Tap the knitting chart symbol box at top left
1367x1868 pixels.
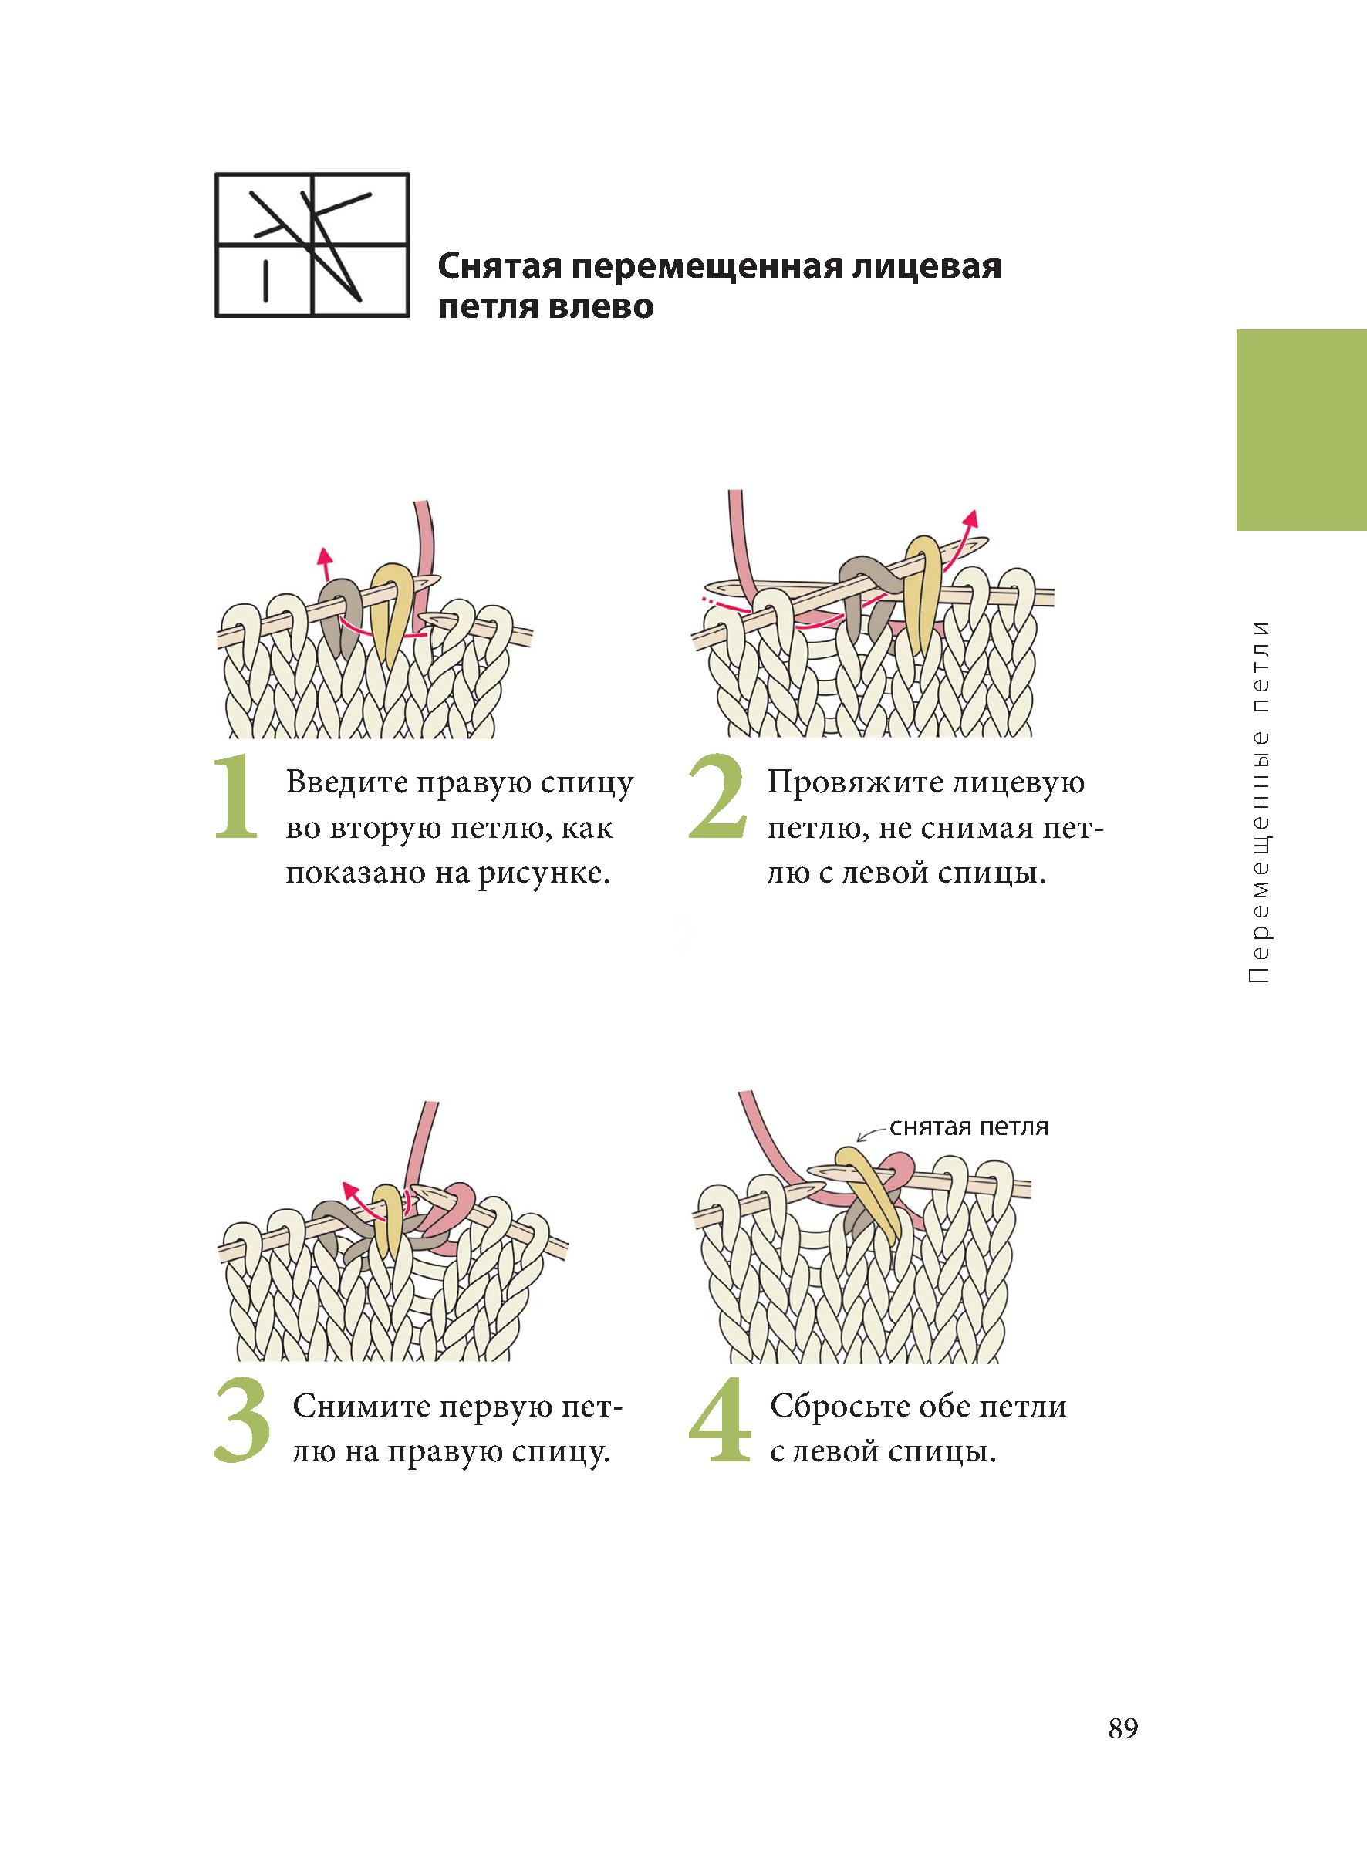point(312,245)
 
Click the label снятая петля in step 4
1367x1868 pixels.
point(969,1127)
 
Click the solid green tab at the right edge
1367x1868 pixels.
point(1301,431)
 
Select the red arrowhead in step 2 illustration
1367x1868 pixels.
point(973,517)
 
